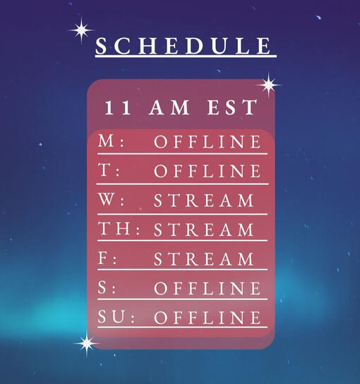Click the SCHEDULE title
point(184,46)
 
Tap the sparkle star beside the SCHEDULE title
point(81,30)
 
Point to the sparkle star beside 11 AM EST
point(269,85)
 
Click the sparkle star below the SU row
point(87,343)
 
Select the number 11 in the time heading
point(118,107)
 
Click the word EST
point(232,107)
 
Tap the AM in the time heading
point(169,107)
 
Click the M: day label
point(112,141)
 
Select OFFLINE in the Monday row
point(208,142)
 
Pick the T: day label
point(109,170)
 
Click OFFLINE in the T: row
point(208,171)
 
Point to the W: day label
point(112,200)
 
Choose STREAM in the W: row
point(204,200)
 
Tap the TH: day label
point(119,229)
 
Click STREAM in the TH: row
point(204,229)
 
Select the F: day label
point(107,258)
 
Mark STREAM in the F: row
point(204,259)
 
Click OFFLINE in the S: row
point(208,288)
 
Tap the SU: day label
point(116,317)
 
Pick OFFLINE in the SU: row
point(208,318)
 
